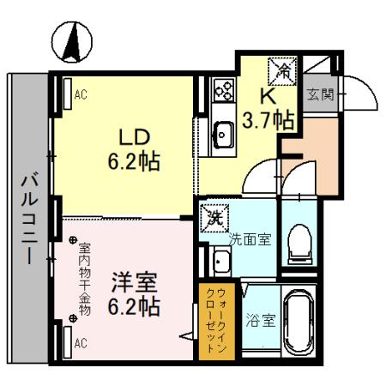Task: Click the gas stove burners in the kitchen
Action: pyautogui.click(x=224, y=89)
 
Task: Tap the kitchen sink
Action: pyautogui.click(x=224, y=132)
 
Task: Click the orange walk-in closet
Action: pyautogui.click(x=212, y=319)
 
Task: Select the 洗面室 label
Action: pyautogui.click(x=250, y=239)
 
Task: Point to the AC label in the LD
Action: pyautogui.click(x=81, y=95)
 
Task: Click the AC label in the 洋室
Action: pyautogui.click(x=81, y=343)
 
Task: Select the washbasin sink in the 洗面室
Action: pyautogui.click(x=220, y=261)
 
